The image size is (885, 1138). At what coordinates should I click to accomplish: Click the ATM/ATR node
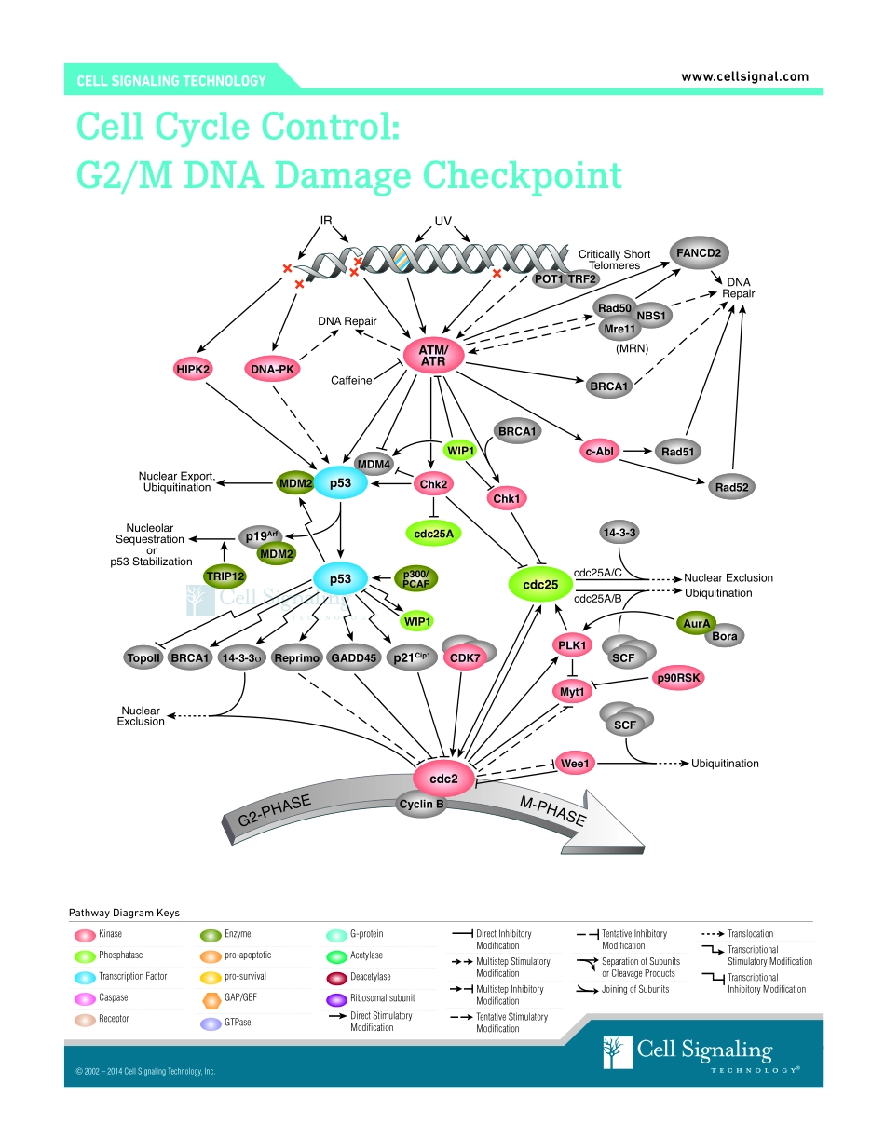(x=433, y=355)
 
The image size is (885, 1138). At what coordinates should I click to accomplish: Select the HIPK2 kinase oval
(x=194, y=370)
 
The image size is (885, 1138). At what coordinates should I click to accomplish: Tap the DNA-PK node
(x=272, y=370)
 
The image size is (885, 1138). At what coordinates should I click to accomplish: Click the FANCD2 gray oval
(x=698, y=252)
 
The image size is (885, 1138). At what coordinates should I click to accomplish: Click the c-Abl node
(x=599, y=452)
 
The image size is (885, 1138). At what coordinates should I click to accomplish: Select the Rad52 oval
(x=732, y=486)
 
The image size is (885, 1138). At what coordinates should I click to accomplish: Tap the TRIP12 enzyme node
(x=225, y=576)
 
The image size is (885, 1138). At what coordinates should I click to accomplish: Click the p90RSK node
(x=677, y=678)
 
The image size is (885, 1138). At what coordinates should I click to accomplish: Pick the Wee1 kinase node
(x=575, y=764)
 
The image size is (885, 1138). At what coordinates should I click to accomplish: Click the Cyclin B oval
(x=421, y=804)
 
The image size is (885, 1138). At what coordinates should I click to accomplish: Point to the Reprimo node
(x=297, y=658)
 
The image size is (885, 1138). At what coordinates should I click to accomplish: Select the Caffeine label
(x=351, y=380)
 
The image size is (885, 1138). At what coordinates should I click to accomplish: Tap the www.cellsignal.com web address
(x=744, y=77)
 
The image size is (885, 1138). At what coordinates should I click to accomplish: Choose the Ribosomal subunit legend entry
(x=382, y=998)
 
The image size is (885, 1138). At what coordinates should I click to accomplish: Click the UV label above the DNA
(x=443, y=222)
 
